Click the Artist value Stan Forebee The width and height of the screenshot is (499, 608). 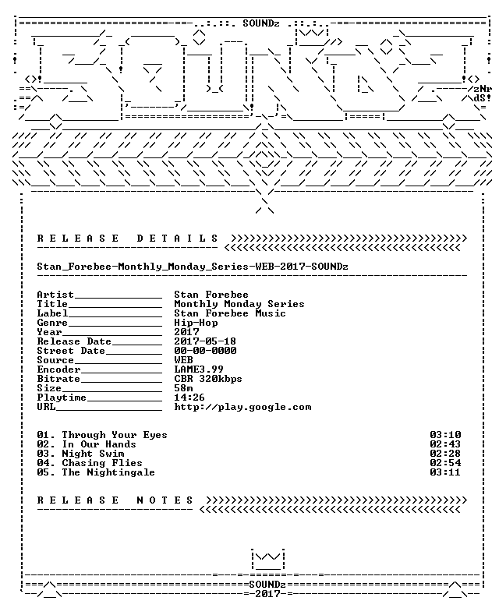click(211, 295)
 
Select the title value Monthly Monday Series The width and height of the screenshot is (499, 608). click(239, 304)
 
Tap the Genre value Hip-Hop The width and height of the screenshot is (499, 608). click(196, 323)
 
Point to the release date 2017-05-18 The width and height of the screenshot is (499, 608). click(205, 341)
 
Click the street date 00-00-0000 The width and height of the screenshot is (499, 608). click(205, 351)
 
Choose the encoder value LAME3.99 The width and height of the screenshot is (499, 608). click(199, 369)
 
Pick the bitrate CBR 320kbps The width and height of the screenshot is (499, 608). click(208, 379)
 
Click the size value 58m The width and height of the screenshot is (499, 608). click(183, 387)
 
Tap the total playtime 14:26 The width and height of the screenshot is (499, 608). click(189, 397)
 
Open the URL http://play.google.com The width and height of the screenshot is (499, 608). click(242, 407)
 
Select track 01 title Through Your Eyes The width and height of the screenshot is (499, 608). click(115, 435)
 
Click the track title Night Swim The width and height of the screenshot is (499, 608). click(93, 454)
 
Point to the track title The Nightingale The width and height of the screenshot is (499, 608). click(108, 472)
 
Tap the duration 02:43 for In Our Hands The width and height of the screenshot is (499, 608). click(445, 444)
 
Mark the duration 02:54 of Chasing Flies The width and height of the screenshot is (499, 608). click(445, 463)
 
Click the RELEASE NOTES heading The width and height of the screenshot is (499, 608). click(115, 500)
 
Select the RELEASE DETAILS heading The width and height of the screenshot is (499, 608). click(128, 238)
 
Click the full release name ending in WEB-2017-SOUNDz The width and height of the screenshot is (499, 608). click(193, 267)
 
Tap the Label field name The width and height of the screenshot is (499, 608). click(52, 313)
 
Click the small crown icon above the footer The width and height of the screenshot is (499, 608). click(267, 559)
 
